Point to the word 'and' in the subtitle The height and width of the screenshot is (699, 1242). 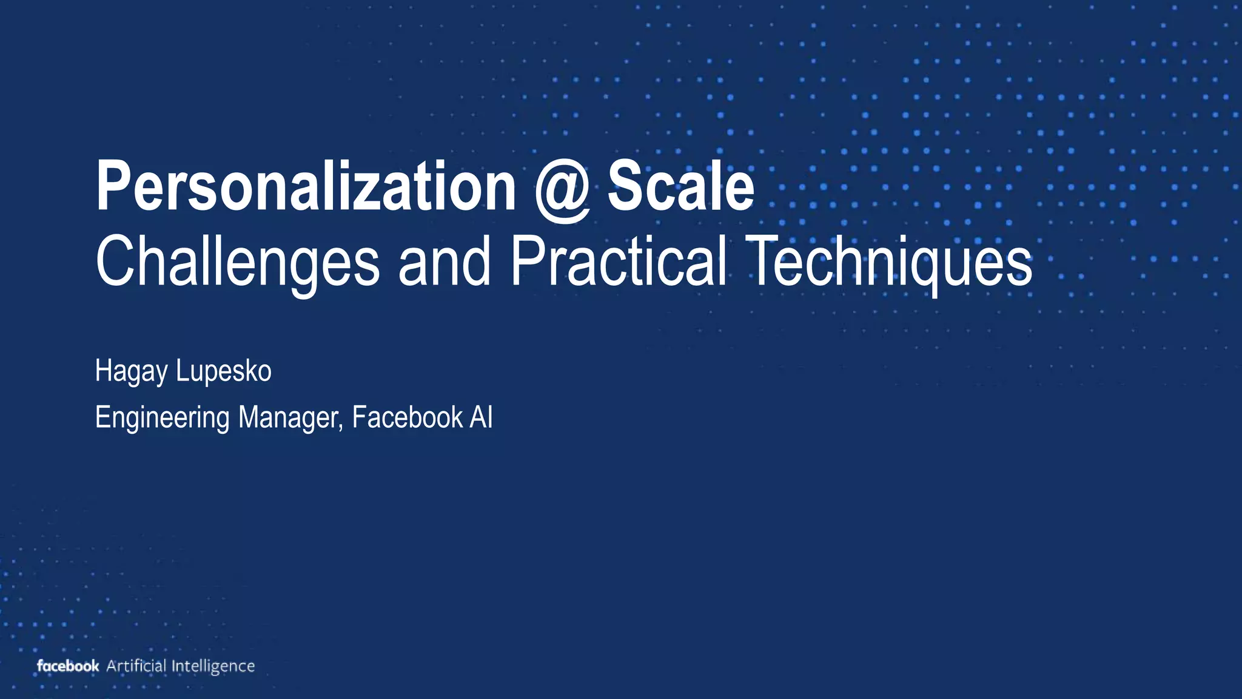pos(444,262)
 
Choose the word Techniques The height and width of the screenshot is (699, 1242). pos(889,262)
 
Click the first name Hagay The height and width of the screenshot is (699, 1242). pos(131,371)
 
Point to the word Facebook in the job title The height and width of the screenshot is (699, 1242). pos(407,417)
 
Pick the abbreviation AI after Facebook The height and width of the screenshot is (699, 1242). pos(481,417)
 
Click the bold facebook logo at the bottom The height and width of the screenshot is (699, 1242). pos(68,666)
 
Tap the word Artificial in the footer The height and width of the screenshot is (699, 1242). pos(136,666)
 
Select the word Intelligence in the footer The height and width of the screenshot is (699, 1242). pos(213,666)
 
